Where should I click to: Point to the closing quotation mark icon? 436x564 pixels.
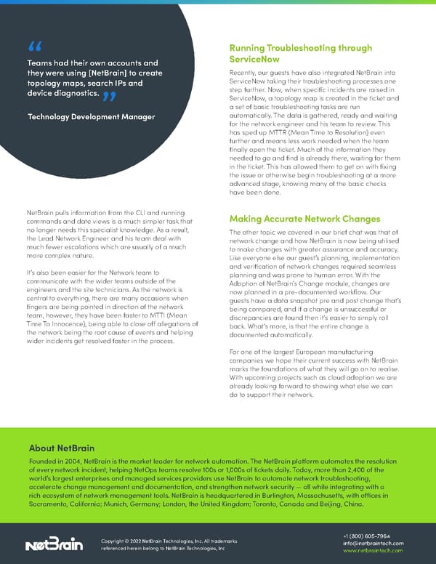[x=109, y=96]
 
